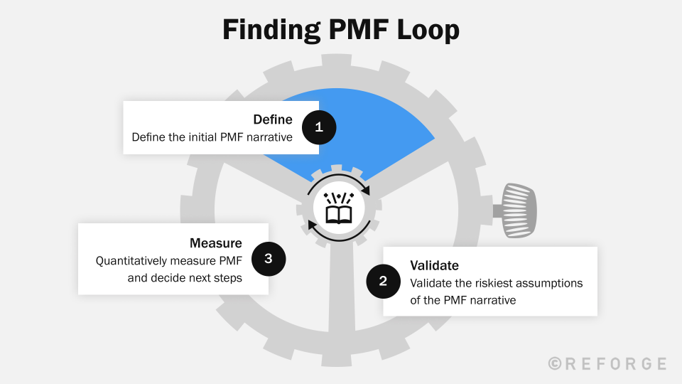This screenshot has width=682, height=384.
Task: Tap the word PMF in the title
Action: click(356, 31)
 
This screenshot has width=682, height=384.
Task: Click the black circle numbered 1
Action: click(319, 127)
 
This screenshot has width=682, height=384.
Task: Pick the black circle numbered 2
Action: click(384, 281)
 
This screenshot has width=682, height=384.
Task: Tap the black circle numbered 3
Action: click(268, 259)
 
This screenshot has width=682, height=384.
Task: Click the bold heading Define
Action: click(273, 119)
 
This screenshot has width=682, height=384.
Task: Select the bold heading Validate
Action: click(434, 265)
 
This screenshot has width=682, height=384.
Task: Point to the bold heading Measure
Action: click(216, 243)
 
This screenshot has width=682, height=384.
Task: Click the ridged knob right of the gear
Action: click(519, 210)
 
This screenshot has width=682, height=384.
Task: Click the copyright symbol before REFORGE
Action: click(556, 363)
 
